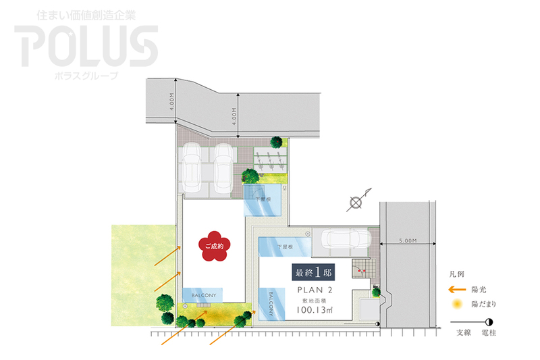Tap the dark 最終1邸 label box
point(313,273)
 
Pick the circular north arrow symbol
point(355,202)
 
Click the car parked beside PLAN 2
point(346,239)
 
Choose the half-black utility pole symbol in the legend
point(489,323)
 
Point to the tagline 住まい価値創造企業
point(86,14)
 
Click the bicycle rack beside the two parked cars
point(271,160)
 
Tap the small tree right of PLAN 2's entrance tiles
point(377,292)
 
